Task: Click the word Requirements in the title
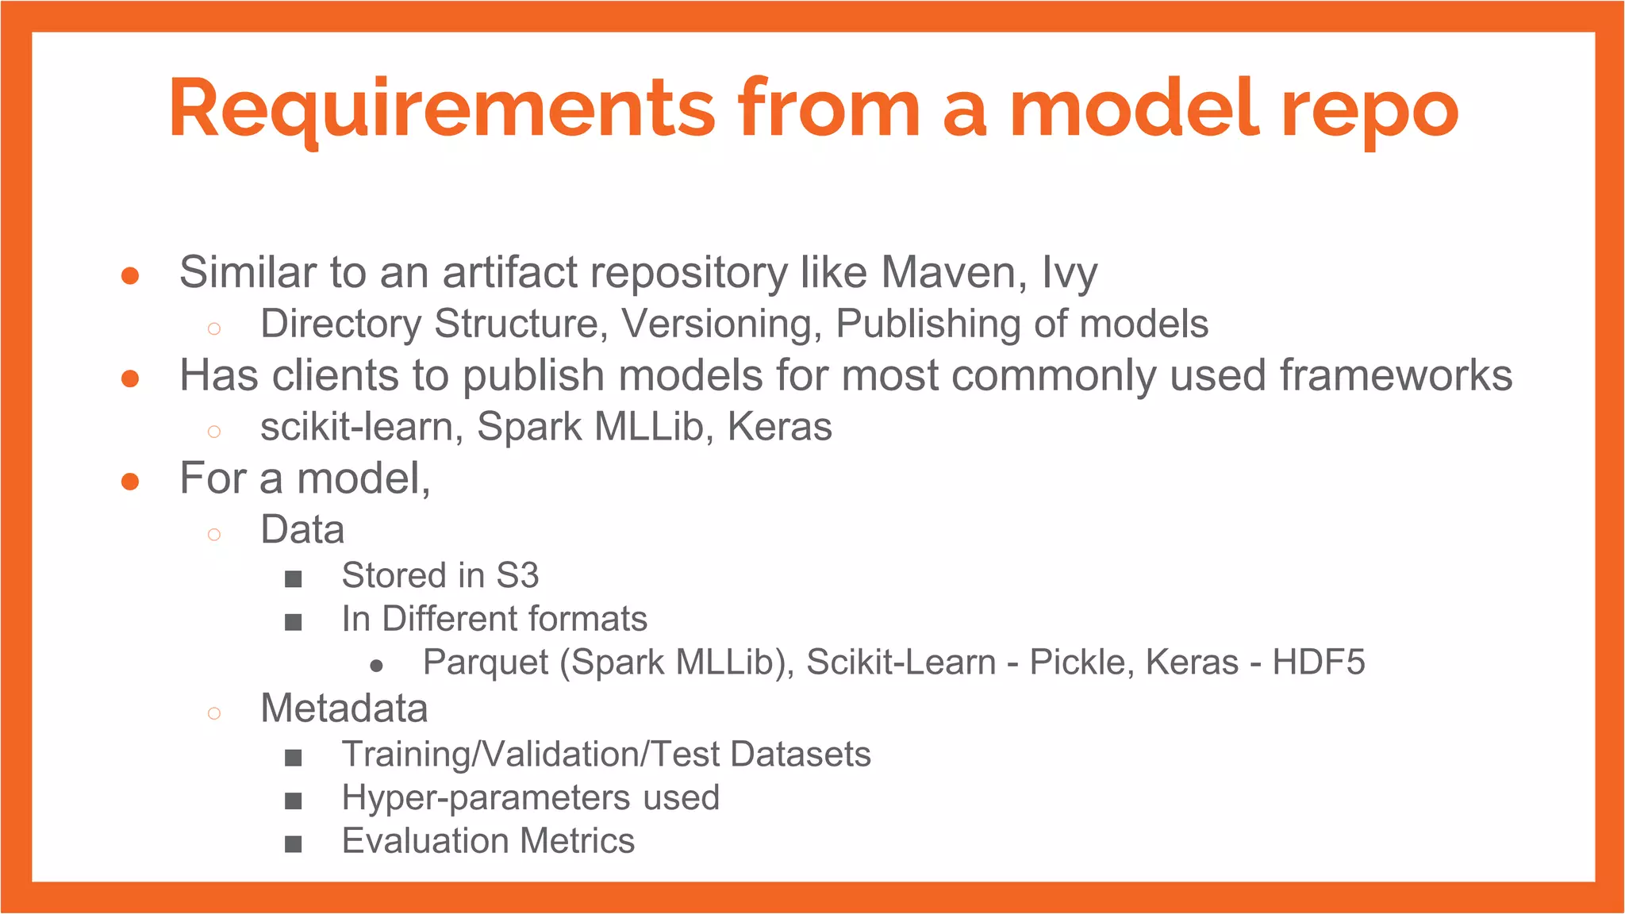coord(441,109)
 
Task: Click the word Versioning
coord(721,324)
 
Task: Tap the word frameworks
coord(1396,374)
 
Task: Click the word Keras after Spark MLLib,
coord(779,427)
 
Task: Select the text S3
coord(517,575)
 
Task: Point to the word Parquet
coord(486,662)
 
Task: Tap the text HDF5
coord(1318,662)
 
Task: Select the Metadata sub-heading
coord(344,708)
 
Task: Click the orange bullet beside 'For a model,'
coord(130,481)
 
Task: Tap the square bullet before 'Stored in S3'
coord(294,578)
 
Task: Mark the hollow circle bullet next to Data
coord(213,534)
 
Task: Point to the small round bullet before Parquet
coord(377,666)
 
